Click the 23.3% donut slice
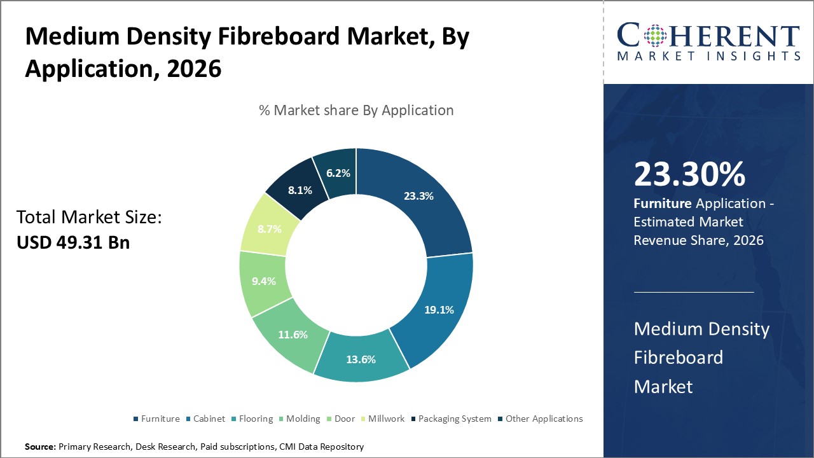click(418, 196)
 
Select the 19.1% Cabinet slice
click(439, 310)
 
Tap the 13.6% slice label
click(361, 359)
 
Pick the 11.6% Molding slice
click(292, 335)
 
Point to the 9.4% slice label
click(263, 281)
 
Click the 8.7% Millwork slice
click(270, 228)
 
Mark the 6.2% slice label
click(338, 172)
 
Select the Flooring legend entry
click(256, 419)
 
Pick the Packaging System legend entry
click(455, 419)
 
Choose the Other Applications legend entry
click(544, 419)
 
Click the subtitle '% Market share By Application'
click(356, 110)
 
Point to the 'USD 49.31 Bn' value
click(72, 242)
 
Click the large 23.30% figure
click(689, 175)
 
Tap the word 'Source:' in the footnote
click(40, 447)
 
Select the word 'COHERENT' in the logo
click(708, 35)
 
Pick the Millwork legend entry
click(386, 419)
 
